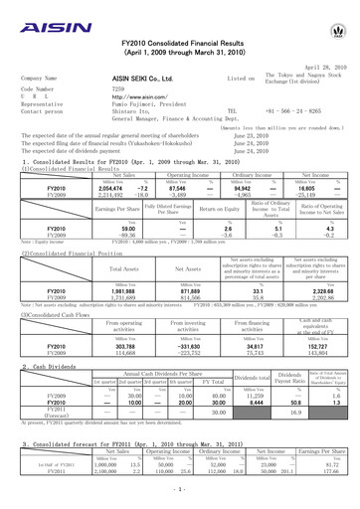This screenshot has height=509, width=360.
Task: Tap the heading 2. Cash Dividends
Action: pyautogui.click(x=43, y=395)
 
